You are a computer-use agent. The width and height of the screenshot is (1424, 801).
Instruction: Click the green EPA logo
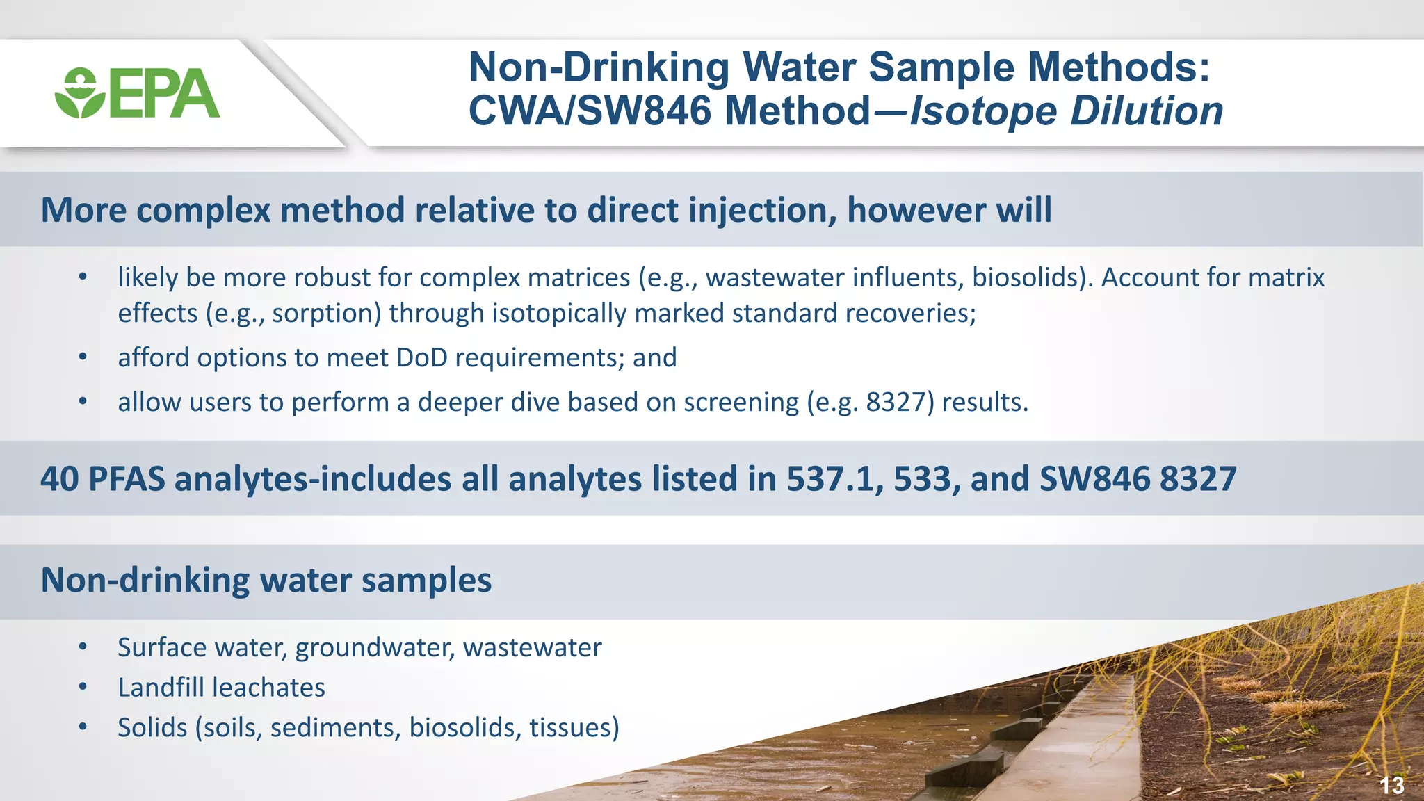point(137,93)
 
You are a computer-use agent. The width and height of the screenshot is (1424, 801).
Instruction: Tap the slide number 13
point(1391,785)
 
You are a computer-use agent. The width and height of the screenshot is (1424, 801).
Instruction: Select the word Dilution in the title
point(1147,111)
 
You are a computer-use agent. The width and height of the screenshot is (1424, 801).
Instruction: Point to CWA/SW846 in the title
point(590,111)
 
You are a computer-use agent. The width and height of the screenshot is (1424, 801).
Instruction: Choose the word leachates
point(269,688)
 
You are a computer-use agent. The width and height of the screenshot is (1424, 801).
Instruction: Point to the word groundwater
point(375,648)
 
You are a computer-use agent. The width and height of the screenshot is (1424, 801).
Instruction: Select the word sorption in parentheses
point(326,314)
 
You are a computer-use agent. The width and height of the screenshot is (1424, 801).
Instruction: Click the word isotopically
point(560,314)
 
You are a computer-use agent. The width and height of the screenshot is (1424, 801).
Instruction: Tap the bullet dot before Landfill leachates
point(83,688)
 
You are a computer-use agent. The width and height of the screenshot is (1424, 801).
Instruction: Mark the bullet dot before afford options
point(83,357)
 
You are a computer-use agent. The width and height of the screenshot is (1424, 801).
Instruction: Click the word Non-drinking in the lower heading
point(145,580)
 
